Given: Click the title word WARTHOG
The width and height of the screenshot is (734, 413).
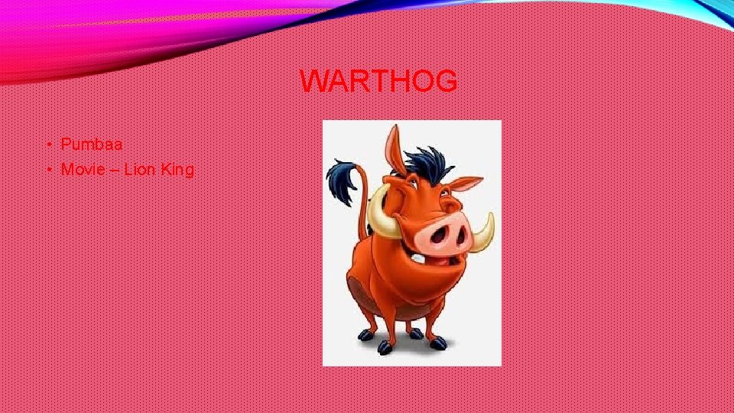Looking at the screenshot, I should (378, 80).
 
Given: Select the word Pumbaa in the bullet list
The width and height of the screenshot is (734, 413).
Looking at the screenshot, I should (92, 144).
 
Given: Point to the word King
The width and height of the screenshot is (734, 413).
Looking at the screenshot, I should (177, 170).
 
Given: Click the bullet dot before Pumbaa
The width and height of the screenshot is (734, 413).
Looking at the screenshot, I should (47, 145).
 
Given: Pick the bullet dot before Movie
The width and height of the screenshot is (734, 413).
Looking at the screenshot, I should (47, 170).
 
